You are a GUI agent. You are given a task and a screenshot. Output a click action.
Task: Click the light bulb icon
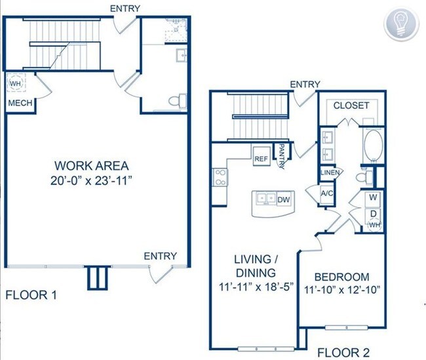click(401, 24)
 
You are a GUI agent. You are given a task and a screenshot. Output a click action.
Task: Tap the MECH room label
click(20, 103)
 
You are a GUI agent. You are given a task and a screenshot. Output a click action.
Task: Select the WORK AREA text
click(92, 166)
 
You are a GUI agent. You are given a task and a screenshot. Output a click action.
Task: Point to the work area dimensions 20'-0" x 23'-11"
click(92, 180)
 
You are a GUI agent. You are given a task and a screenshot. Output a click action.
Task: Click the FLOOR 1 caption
click(31, 295)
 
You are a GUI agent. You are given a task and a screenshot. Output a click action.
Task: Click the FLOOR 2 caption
click(343, 353)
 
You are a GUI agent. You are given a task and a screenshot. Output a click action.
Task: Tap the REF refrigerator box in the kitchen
click(261, 156)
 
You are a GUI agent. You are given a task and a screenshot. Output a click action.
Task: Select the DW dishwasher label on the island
click(284, 200)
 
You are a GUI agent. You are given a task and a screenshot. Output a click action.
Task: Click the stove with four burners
click(220, 177)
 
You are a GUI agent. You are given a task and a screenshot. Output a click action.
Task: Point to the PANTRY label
click(282, 157)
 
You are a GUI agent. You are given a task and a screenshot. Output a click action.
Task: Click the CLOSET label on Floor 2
click(351, 106)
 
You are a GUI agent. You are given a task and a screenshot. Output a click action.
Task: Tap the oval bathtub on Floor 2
click(374, 146)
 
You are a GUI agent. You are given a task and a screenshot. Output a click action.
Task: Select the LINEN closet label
click(330, 172)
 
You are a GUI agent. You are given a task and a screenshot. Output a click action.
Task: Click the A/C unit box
click(327, 194)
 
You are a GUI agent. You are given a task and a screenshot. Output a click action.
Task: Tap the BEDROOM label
click(341, 277)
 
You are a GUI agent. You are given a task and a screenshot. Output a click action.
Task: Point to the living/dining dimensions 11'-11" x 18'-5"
click(256, 287)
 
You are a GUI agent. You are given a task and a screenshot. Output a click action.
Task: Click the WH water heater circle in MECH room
click(15, 83)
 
